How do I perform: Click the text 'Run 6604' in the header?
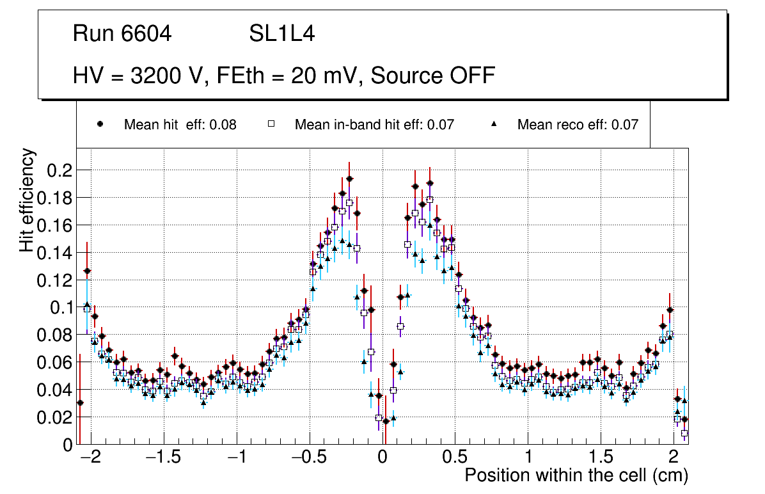(x=122, y=34)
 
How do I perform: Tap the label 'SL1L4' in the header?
(x=281, y=34)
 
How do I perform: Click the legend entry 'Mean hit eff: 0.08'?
(x=180, y=125)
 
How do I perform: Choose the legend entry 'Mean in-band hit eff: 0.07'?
(x=374, y=125)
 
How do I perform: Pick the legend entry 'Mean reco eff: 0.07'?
(x=578, y=125)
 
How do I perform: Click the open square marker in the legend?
(x=271, y=125)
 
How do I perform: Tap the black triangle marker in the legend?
(x=493, y=125)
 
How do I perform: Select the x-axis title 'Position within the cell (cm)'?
(x=576, y=476)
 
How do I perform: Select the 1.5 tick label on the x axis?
(x=601, y=459)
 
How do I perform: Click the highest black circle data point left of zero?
(x=349, y=179)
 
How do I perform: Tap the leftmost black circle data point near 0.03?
(x=80, y=402)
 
